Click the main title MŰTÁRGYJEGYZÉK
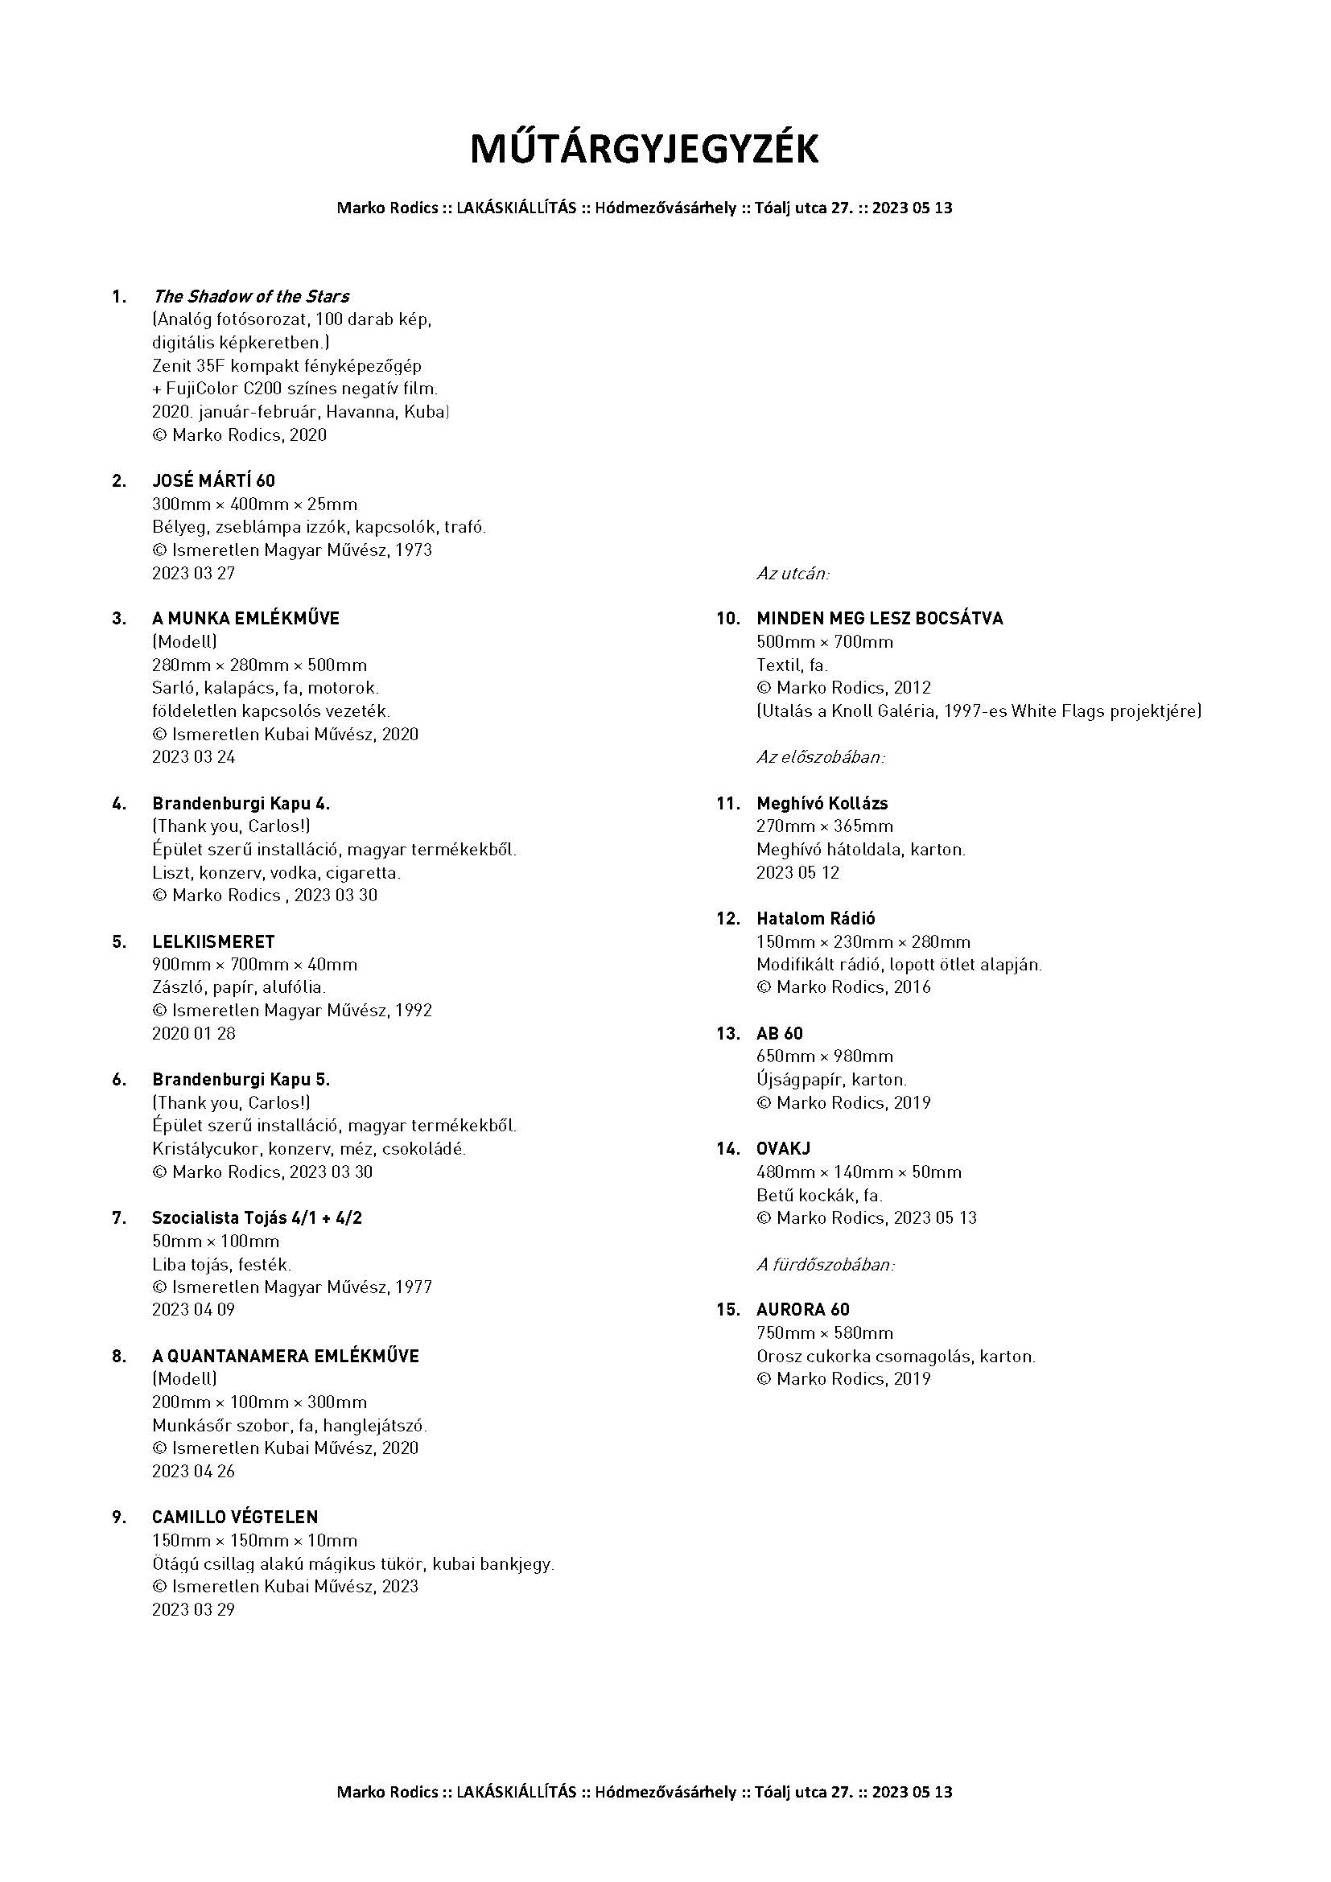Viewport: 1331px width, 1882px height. (x=645, y=150)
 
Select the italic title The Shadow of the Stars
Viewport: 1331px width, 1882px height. (x=251, y=296)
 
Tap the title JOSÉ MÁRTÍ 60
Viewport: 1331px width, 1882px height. (x=213, y=480)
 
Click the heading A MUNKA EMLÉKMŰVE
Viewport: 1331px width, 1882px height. (x=245, y=618)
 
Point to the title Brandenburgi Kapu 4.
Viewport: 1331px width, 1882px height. (x=241, y=802)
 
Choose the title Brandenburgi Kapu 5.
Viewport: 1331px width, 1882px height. (x=241, y=1079)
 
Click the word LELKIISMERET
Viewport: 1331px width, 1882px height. (x=213, y=941)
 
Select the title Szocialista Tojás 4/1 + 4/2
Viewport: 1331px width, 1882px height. (x=257, y=1217)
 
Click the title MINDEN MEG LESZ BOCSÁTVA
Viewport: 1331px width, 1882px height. (x=880, y=618)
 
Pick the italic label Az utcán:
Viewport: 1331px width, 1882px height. (x=793, y=573)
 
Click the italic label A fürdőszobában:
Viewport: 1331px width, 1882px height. (x=826, y=1264)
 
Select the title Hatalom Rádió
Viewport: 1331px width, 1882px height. (x=815, y=918)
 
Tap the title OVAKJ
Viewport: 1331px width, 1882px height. (x=783, y=1148)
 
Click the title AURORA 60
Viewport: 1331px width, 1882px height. (x=802, y=1309)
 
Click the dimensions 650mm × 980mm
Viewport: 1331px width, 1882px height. (x=825, y=1056)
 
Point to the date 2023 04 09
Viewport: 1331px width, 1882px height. (x=193, y=1309)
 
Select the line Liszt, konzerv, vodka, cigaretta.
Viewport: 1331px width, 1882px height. (x=276, y=872)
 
